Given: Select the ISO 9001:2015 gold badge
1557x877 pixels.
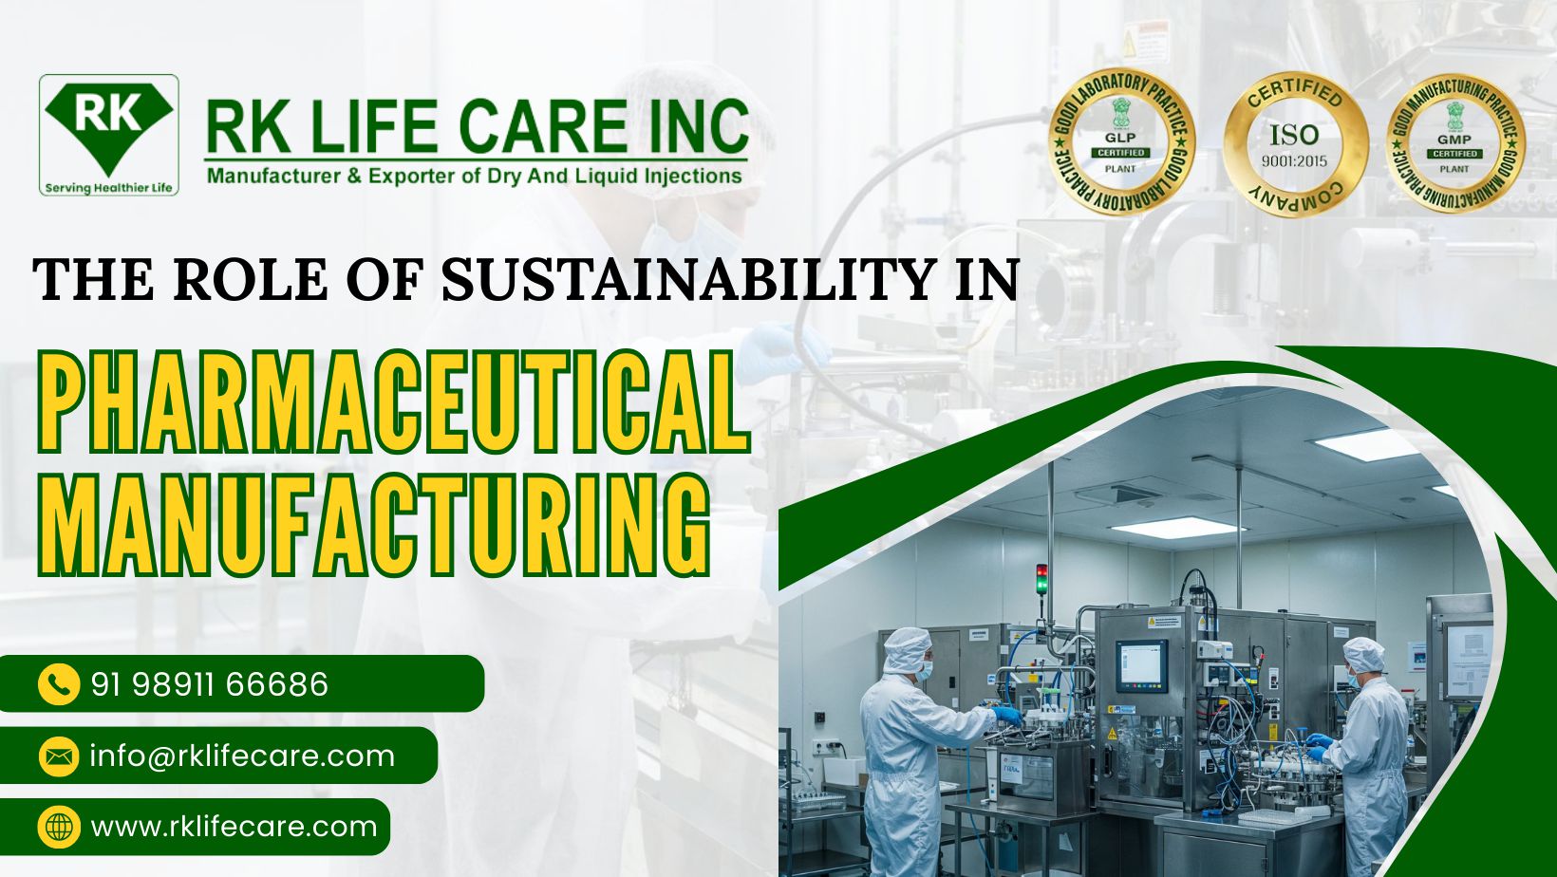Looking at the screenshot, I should pos(1294,144).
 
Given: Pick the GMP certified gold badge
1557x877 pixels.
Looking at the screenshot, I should pos(1454,144).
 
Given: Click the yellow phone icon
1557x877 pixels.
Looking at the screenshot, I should pos(59,684).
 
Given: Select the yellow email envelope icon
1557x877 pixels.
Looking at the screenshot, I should pos(59,756).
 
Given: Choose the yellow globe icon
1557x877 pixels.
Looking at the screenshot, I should pos(59,827).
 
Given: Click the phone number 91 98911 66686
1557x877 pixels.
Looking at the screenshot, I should pos(210,684).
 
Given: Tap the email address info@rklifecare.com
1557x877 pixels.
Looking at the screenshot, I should pos(242,756).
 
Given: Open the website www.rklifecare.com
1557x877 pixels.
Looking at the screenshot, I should pos(234,827).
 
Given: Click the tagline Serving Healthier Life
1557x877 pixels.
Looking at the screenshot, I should pos(109,187).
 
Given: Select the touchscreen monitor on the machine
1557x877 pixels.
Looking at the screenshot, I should pos(1140,664).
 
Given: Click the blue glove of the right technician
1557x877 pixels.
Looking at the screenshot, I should pos(1319,742).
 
